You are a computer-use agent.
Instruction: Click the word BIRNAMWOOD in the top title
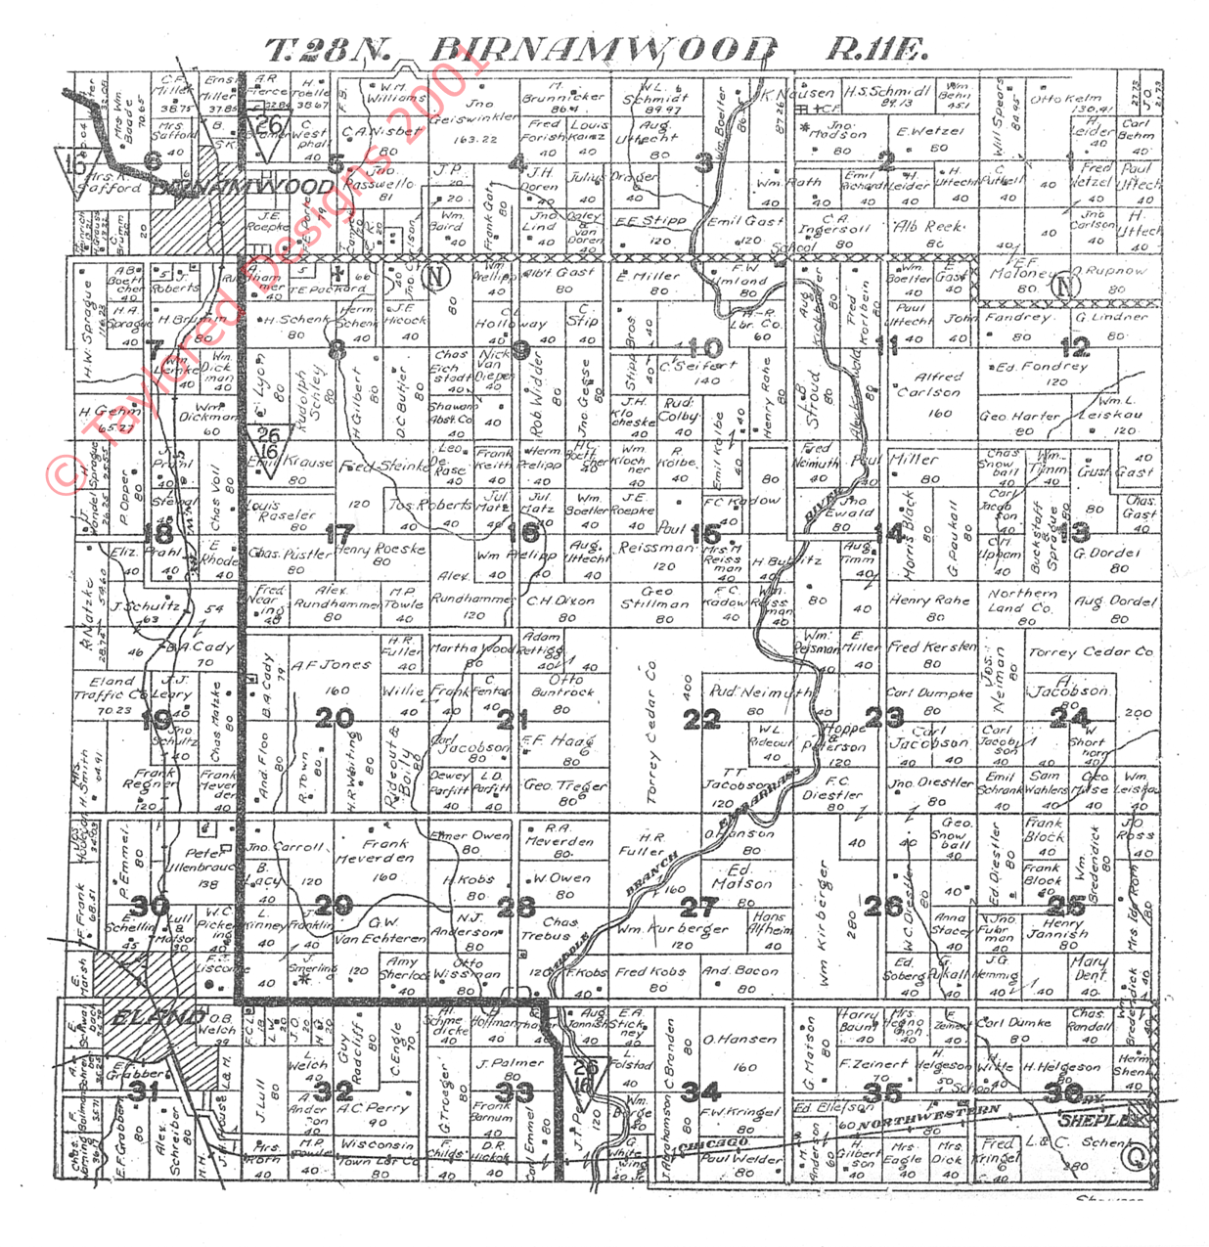pyautogui.click(x=603, y=49)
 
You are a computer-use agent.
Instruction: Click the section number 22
pyautogui.click(x=701, y=720)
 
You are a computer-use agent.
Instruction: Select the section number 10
pyautogui.click(x=705, y=347)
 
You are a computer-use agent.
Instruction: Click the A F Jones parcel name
pyautogui.click(x=332, y=665)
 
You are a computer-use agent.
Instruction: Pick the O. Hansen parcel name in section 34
pyautogui.click(x=740, y=1040)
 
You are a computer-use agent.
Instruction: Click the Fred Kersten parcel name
pyautogui.click(x=932, y=646)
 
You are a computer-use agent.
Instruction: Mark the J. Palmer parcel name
pyautogui.click(x=510, y=1062)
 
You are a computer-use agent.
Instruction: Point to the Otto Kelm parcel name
pyautogui.click(x=1066, y=99)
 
